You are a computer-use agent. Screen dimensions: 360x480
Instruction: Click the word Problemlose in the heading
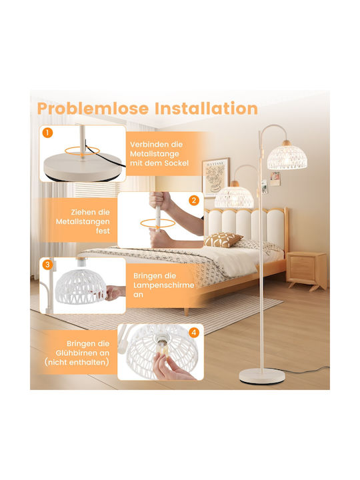click(x=93, y=109)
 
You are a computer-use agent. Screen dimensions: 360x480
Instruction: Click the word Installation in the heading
click(x=206, y=109)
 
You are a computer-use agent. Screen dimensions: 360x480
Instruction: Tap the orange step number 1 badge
click(x=47, y=133)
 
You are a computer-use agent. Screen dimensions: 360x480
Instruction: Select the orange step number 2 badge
click(x=194, y=201)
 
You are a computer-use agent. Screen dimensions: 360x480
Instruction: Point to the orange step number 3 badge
click(x=47, y=265)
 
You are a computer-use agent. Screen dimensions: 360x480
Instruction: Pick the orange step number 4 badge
click(x=194, y=332)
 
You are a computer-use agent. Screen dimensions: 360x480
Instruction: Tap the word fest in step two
click(x=103, y=231)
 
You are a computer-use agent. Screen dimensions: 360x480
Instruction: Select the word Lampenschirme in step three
click(x=164, y=285)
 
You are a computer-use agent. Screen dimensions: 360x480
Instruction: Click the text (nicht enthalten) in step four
click(x=77, y=363)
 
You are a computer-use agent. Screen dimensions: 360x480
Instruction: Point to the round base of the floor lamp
click(x=262, y=376)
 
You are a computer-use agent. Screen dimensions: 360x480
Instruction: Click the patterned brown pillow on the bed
click(x=223, y=240)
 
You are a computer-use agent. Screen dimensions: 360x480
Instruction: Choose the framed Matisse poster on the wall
click(x=215, y=177)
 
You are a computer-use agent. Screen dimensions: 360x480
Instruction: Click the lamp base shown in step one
click(x=82, y=166)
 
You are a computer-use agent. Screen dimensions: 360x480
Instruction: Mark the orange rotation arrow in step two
click(x=157, y=223)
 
